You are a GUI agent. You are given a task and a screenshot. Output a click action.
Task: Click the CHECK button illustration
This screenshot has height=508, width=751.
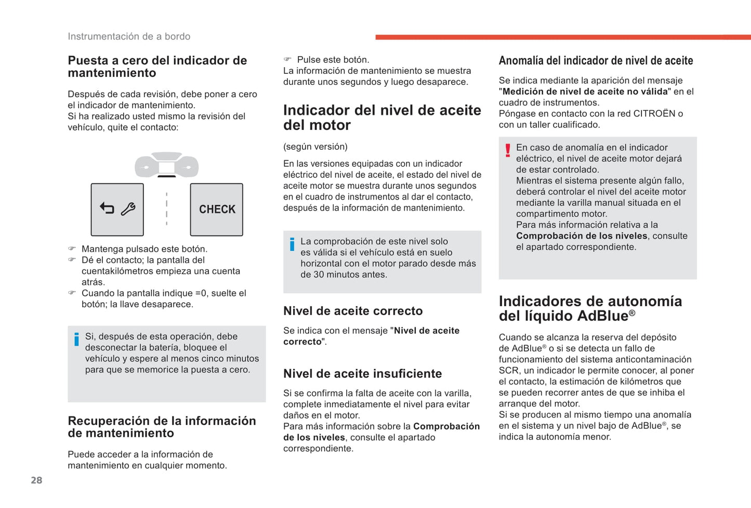pyautogui.click(x=217, y=210)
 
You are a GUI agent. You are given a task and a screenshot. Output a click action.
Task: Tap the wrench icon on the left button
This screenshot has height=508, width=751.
pyautogui.click(x=128, y=209)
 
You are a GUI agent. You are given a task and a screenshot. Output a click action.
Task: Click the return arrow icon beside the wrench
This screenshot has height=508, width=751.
pyautogui.click(x=107, y=209)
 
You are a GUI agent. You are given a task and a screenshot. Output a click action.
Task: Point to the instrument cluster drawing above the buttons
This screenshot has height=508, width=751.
pyautogui.click(x=166, y=165)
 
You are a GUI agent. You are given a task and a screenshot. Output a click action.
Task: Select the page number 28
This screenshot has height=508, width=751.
pyautogui.click(x=36, y=480)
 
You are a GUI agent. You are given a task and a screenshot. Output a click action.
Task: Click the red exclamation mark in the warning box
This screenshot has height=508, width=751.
pyautogui.click(x=508, y=150)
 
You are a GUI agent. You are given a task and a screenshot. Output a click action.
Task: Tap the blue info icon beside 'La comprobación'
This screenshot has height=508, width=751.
pyautogui.click(x=292, y=244)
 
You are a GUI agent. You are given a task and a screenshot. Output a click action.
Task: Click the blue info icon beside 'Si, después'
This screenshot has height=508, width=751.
pyautogui.click(x=76, y=339)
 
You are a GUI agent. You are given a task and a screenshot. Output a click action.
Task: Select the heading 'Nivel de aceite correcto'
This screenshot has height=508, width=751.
pyautogui.click(x=353, y=311)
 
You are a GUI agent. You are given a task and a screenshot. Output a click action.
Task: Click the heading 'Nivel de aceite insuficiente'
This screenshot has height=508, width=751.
pyautogui.click(x=362, y=374)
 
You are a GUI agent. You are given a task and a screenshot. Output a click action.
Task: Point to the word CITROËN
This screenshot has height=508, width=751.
pyautogui.click(x=654, y=114)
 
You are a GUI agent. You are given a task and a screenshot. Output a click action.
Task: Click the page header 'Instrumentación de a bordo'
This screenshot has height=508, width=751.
pyautogui.click(x=129, y=36)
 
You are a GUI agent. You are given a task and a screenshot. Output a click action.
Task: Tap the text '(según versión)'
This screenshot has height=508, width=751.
pyautogui.click(x=315, y=147)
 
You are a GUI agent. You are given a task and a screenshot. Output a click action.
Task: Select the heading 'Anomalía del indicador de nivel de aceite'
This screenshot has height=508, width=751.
pyautogui.click(x=596, y=61)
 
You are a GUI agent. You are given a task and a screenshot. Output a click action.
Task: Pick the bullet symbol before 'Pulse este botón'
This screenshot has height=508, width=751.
pyautogui.click(x=287, y=60)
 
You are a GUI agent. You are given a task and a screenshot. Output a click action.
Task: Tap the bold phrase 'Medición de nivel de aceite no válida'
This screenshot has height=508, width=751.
pyautogui.click(x=585, y=92)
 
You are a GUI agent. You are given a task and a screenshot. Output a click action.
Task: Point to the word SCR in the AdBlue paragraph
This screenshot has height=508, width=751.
pyautogui.click(x=509, y=371)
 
